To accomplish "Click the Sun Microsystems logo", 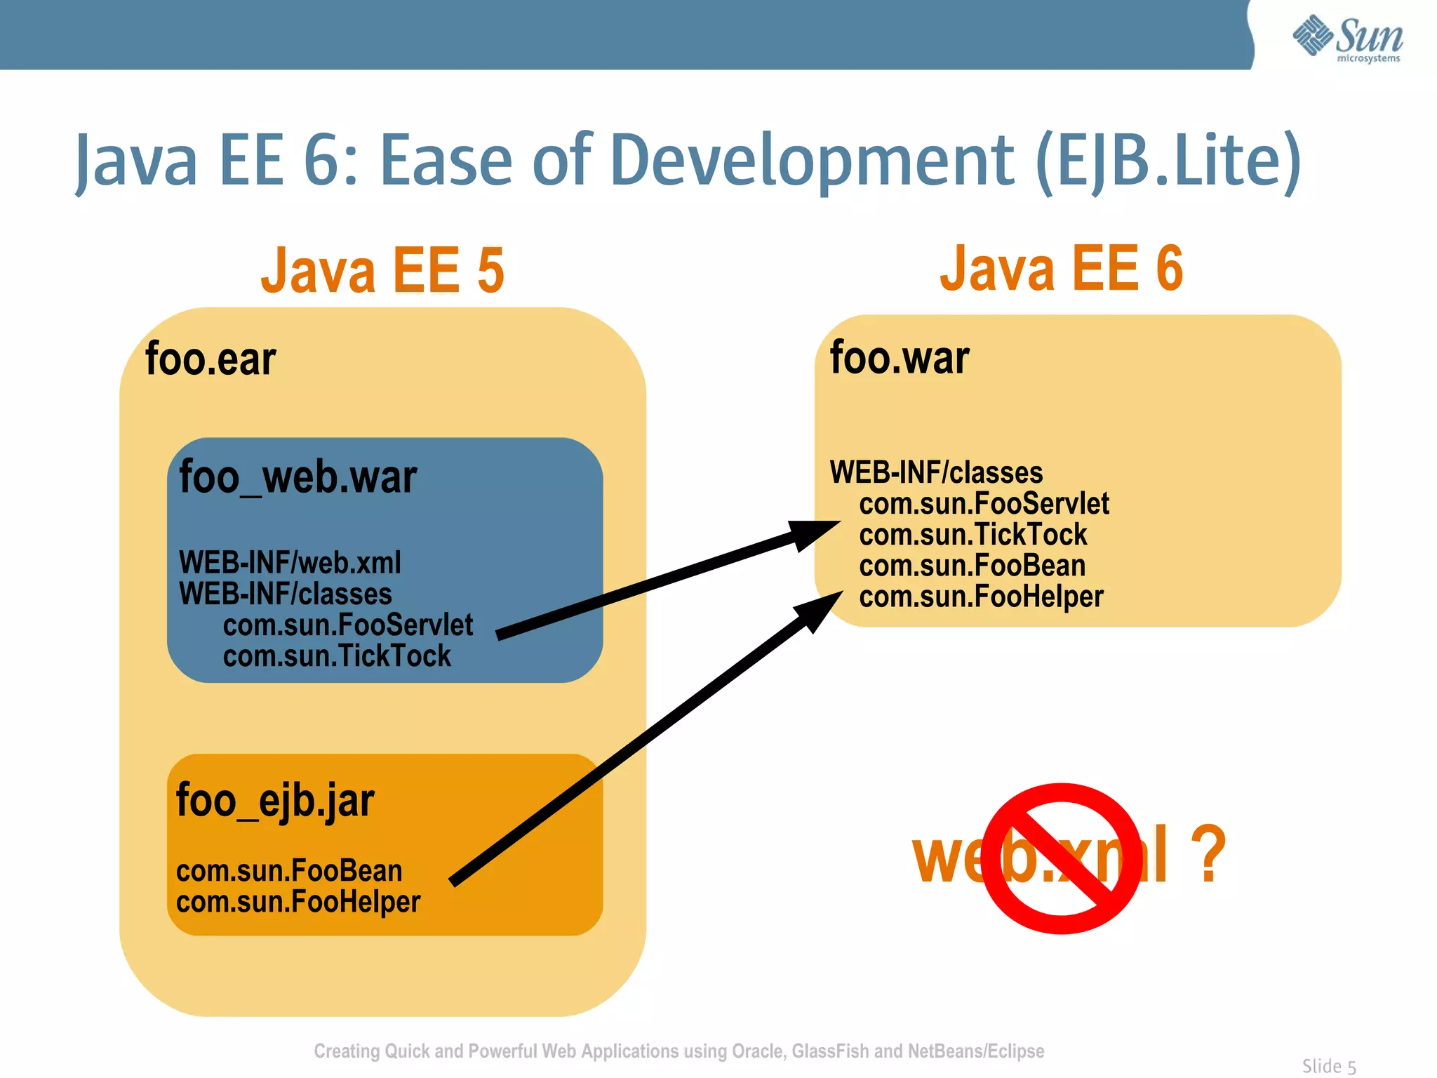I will pos(1347,39).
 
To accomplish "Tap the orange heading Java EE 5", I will pos(382,271).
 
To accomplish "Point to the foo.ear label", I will pos(210,359).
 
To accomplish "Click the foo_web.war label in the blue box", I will pos(298,477).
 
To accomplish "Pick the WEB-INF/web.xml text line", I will pos(290,563).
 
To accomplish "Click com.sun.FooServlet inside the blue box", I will pos(348,625).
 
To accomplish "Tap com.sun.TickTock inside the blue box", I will pos(337,656).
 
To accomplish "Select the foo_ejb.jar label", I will pos(275,800).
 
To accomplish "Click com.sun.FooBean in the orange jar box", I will pos(289,871).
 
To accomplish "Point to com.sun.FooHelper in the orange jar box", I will pos(298,902).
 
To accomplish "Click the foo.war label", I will pos(900,358).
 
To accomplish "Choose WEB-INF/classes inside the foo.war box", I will pos(936,473).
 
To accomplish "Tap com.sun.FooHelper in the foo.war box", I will pos(981,597).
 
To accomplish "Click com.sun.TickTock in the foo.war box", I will pos(973,535).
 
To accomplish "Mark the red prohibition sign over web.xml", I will pos(1061,858).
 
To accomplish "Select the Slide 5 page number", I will pos(1329,1066).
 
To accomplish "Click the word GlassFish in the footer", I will pos(830,1051).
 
